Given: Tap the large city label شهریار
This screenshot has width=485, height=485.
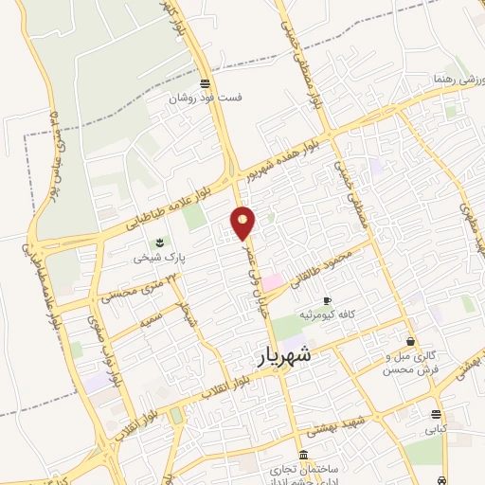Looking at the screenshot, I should coord(283,356).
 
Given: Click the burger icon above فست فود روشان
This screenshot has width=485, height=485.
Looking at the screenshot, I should coord(206,81).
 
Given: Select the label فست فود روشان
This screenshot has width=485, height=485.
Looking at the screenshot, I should coord(206,98).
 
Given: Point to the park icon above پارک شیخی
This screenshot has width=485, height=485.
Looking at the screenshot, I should coord(158,242).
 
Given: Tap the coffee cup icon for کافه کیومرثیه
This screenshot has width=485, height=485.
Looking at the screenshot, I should coord(328,300).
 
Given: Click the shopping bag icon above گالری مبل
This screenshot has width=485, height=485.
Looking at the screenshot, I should coord(410,341).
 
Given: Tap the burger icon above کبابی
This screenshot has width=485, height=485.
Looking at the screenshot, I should coord(435,414).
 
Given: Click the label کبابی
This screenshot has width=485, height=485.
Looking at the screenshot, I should coord(435,428).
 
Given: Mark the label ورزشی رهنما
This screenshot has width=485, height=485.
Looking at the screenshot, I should coord(455,78).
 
